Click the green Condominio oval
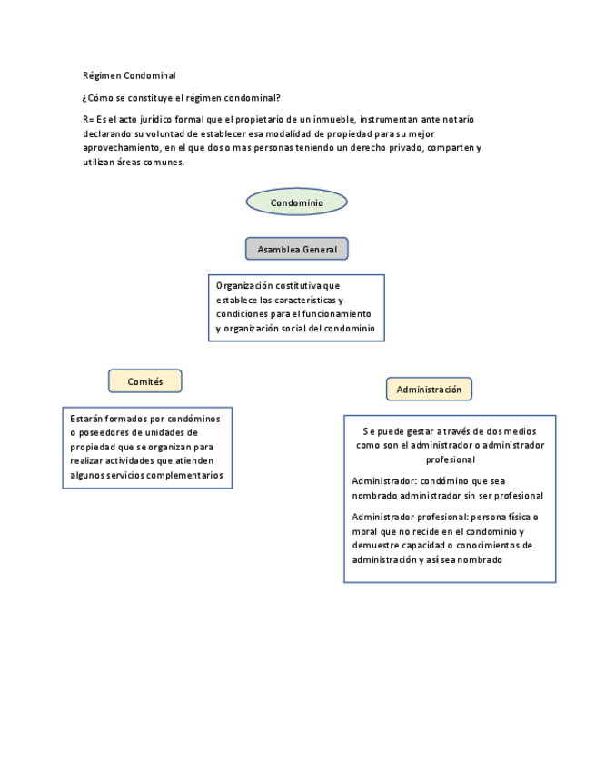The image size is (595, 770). click(296, 202)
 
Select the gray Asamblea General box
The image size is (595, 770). click(296, 249)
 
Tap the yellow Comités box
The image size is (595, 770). click(145, 381)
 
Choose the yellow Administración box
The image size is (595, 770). click(429, 390)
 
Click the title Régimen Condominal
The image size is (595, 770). click(129, 75)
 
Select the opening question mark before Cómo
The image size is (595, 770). click(84, 97)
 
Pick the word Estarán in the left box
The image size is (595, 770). click(86, 419)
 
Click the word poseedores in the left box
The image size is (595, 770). click(106, 432)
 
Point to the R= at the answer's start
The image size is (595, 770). click(88, 119)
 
